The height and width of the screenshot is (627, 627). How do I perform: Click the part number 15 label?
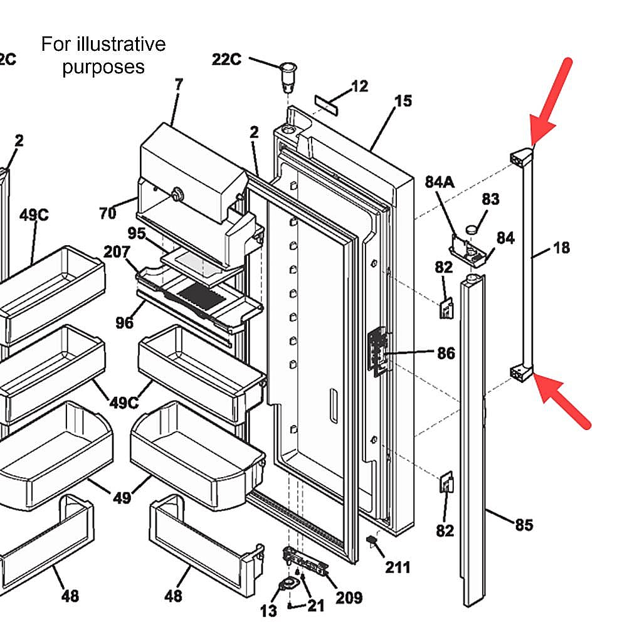click(x=403, y=101)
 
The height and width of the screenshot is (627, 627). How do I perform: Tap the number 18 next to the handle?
click(x=561, y=248)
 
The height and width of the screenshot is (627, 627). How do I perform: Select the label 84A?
click(x=440, y=182)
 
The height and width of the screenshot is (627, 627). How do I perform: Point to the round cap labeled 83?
click(x=472, y=229)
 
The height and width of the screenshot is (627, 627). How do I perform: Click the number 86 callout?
click(x=446, y=353)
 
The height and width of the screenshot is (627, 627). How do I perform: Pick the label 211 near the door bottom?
click(x=398, y=567)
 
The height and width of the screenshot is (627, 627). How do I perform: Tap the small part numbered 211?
click(x=372, y=540)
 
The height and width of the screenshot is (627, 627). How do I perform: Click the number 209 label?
click(x=349, y=598)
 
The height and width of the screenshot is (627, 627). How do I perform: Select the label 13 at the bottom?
click(x=268, y=611)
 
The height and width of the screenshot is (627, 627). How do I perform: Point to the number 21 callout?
click(x=316, y=606)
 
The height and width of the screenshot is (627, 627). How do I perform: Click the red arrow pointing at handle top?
click(x=551, y=102)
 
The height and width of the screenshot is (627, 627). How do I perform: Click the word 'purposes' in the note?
click(x=103, y=67)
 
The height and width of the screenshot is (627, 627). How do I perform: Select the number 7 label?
click(x=178, y=84)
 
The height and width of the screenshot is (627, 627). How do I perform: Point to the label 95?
click(x=136, y=233)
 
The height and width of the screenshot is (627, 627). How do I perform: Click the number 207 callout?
click(x=117, y=251)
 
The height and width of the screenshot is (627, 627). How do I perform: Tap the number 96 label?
click(x=124, y=322)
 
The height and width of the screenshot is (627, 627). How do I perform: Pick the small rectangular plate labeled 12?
click(x=326, y=105)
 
